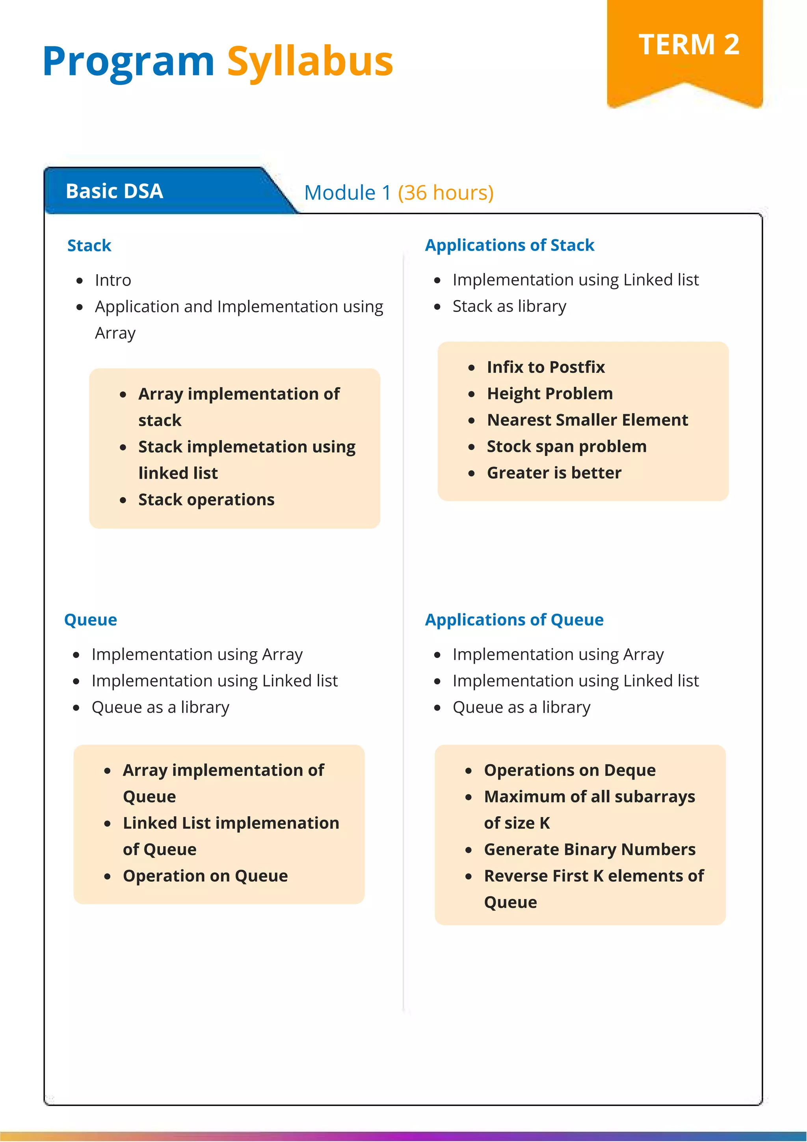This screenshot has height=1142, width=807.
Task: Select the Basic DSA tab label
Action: (x=114, y=191)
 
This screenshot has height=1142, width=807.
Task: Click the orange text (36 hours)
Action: (x=445, y=193)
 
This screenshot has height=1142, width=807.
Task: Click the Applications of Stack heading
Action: (x=509, y=245)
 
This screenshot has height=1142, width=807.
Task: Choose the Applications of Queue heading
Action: (x=513, y=619)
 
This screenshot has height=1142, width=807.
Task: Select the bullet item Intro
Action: (x=113, y=280)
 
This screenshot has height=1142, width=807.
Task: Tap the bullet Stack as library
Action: (x=509, y=306)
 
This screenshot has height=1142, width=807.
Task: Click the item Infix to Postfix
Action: (x=545, y=367)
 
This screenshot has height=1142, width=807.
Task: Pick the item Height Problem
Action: (x=549, y=394)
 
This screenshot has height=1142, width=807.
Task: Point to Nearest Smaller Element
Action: (x=587, y=420)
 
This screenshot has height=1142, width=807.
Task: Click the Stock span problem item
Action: (x=566, y=446)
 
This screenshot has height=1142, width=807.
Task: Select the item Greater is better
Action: (x=554, y=472)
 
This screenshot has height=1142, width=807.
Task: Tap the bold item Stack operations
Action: (x=206, y=500)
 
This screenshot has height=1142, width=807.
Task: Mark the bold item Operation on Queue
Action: (x=205, y=875)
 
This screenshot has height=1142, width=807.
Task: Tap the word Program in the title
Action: (x=128, y=62)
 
